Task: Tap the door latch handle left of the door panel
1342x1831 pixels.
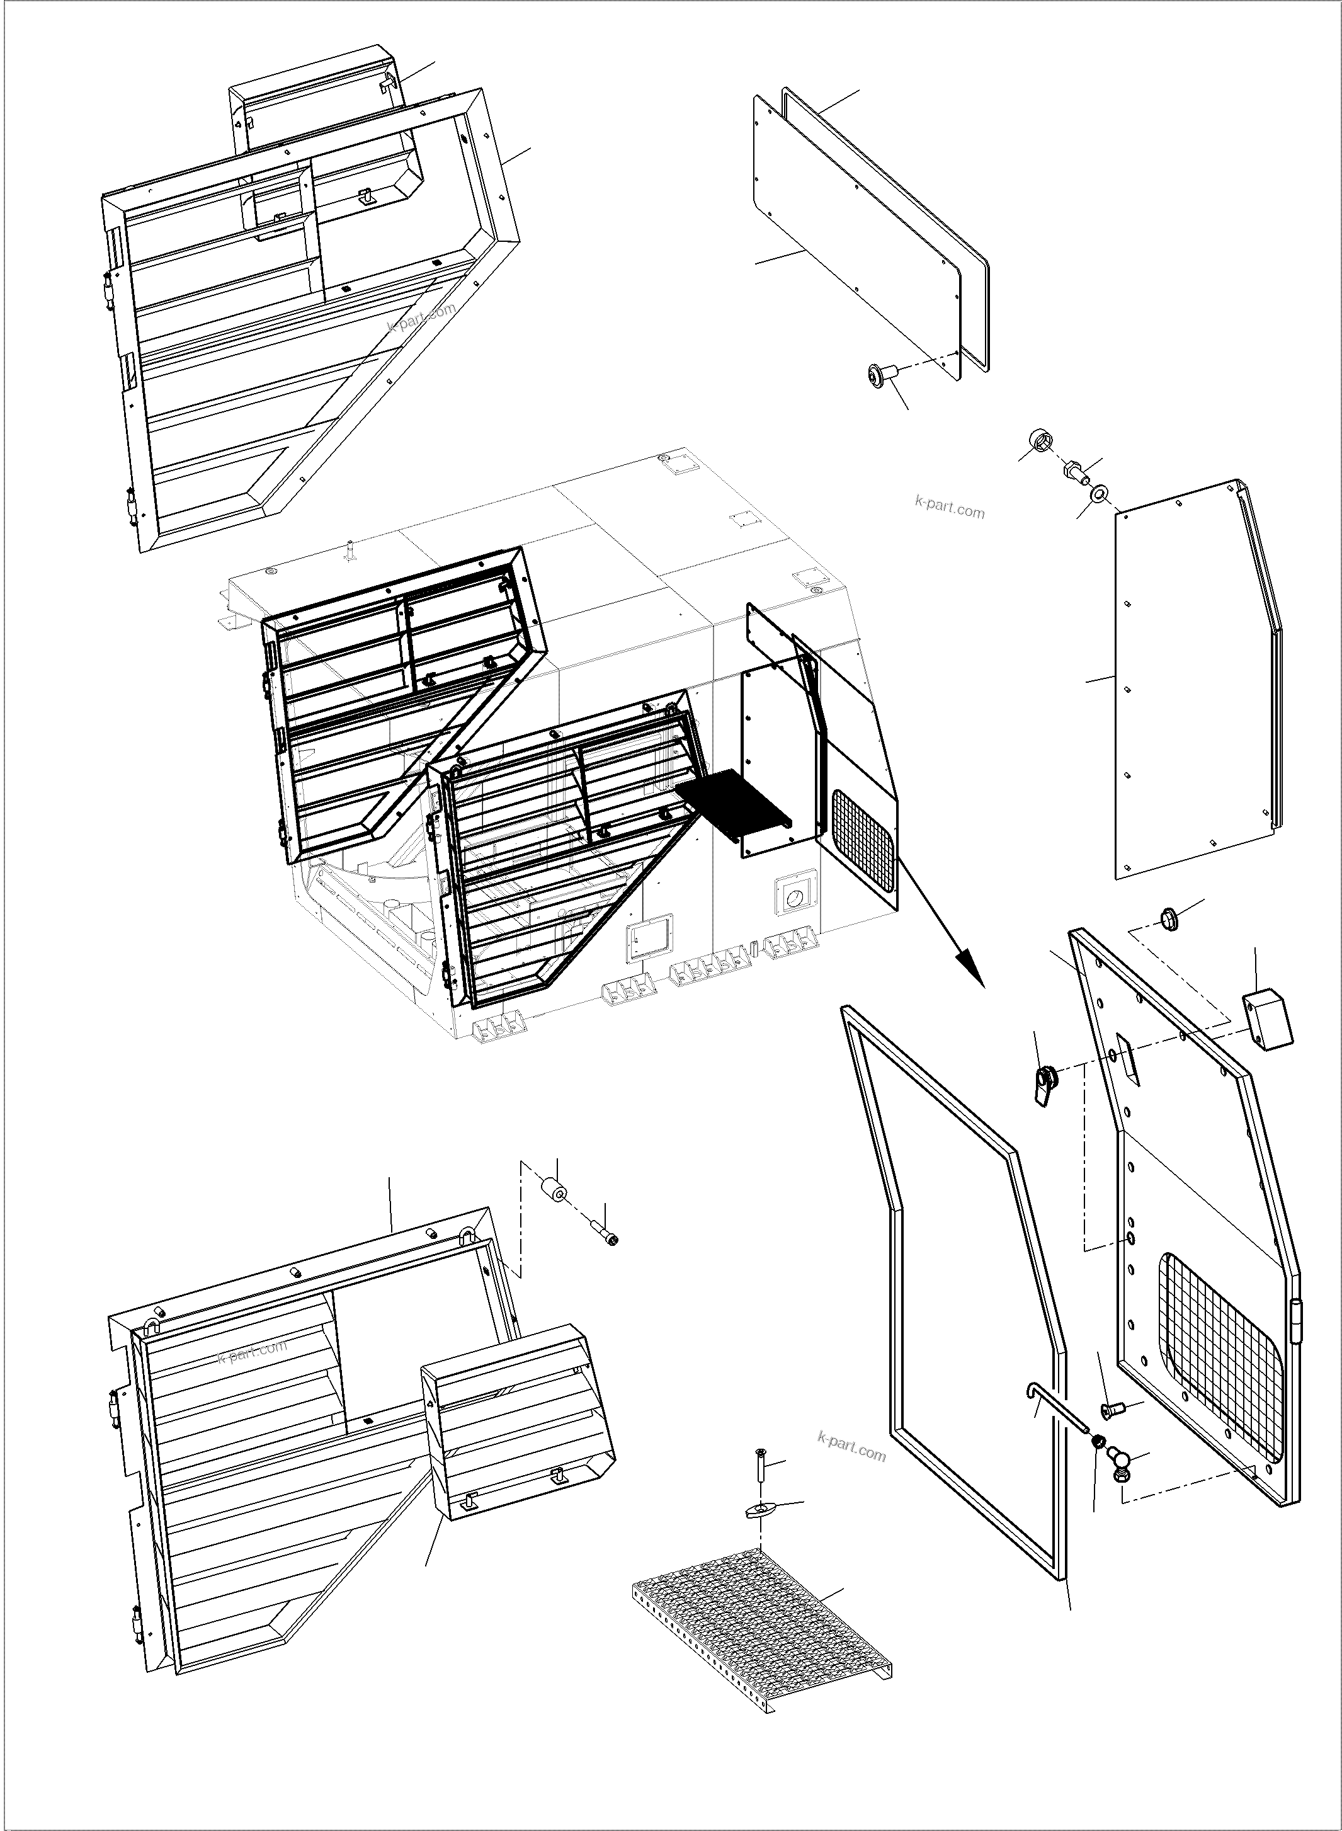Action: pyautogui.click(x=1045, y=1085)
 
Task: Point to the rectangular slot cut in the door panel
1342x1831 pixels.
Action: pyautogui.click(x=1129, y=1058)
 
